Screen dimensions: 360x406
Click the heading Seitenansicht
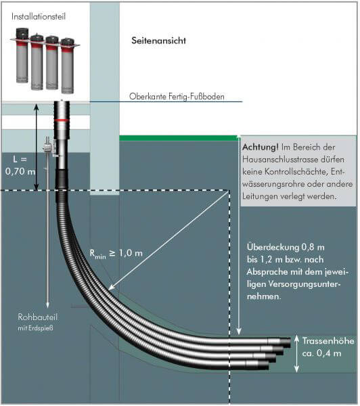pos(158,41)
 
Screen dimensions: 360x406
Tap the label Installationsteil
pos(39,16)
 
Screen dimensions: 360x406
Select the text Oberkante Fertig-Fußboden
pos(177,97)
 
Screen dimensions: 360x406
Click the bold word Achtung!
pos(261,148)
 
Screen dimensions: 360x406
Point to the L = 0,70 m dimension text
pos(20,165)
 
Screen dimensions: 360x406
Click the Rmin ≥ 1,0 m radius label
pos(116,254)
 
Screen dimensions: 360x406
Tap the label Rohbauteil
pos(37,317)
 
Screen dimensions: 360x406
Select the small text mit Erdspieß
pos(35,328)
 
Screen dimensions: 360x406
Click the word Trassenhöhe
pos(328,341)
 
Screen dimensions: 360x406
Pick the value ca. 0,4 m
pos(321,353)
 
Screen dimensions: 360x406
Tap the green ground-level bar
pos(179,138)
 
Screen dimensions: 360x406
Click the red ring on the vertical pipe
pos(62,120)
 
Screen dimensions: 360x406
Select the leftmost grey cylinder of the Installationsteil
pos(22,55)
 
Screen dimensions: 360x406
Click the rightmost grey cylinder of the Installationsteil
pos(68,66)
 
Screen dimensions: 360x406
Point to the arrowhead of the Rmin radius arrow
pos(110,288)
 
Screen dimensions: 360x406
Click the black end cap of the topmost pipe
pos(286,343)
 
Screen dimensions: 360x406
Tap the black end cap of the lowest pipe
pos(265,365)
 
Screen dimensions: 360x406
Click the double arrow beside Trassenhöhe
pos(297,354)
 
